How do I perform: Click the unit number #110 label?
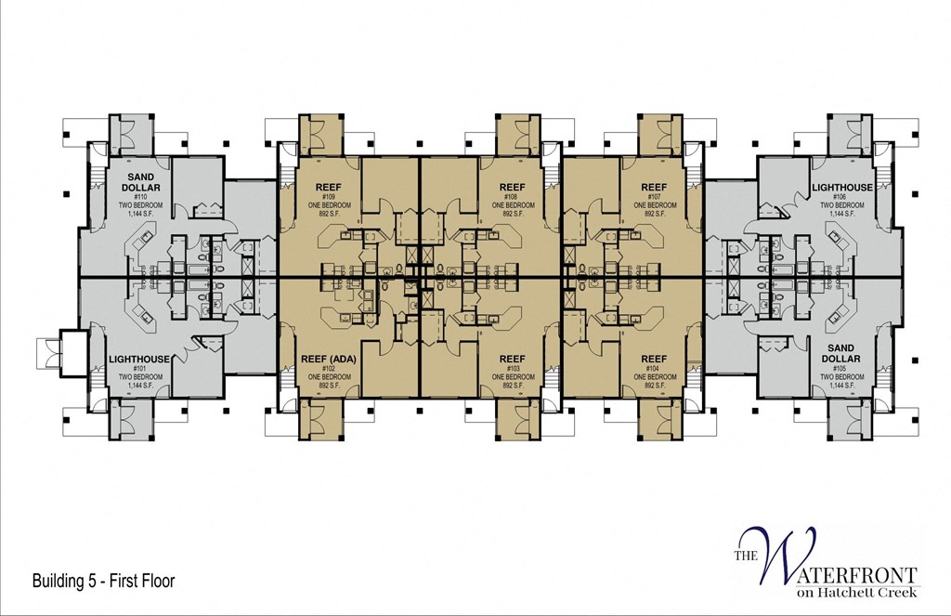pos(141,197)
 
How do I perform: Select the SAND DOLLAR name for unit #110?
pos(141,181)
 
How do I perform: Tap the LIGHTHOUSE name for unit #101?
pos(139,359)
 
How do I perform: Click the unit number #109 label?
pos(328,197)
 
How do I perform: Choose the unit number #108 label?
pos(511,197)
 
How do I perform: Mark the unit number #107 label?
pos(654,197)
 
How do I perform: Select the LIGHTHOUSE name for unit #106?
pos(842,187)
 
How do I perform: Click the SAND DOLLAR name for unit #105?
pos(840,352)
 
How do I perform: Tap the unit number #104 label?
pos(654,368)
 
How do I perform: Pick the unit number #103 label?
pos(511,368)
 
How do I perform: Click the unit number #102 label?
pos(328,368)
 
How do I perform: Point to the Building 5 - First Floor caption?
pos(103,582)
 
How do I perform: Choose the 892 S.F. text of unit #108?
pos(513,214)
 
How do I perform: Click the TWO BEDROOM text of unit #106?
pos(841,205)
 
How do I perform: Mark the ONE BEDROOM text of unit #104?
pos(655,376)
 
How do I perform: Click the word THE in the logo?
pos(748,557)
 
